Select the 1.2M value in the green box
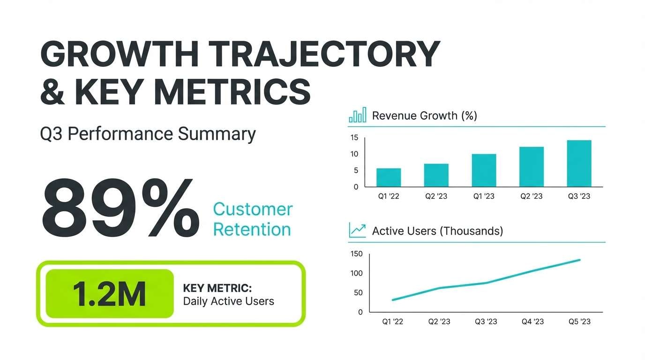[109, 294]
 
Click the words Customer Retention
[253, 219]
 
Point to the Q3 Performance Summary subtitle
[148, 134]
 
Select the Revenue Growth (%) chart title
[424, 115]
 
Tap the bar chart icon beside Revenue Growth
[357, 115]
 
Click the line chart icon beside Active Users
[357, 230]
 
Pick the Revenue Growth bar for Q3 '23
[579, 164]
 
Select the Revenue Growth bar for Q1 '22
[389, 177]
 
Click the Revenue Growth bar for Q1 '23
[484, 170]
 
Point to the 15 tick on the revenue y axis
[354, 138]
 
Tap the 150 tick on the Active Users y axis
[357, 254]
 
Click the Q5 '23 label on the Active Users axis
[579, 322]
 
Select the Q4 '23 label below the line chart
[532, 322]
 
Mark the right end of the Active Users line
[580, 260]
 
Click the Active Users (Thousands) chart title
[437, 231]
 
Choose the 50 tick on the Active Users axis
[358, 293]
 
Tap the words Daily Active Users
[228, 301]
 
